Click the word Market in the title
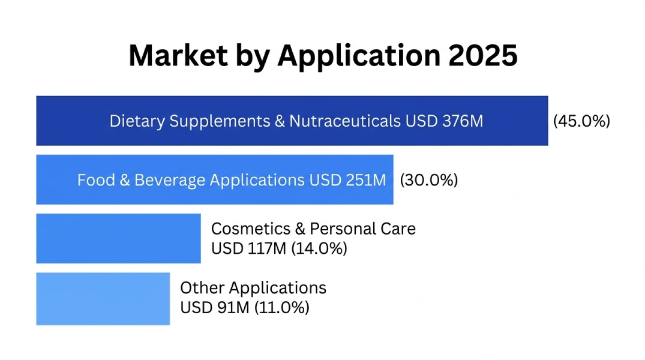[178, 56]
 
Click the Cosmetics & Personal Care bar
[118, 238]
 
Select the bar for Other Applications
[103, 299]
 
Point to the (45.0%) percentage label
[581, 121]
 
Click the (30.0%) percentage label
[428, 180]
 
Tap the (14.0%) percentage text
[319, 248]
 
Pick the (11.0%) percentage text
[281, 308]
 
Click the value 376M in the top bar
[463, 121]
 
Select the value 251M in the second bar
[365, 180]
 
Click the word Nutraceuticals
[344, 121]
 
